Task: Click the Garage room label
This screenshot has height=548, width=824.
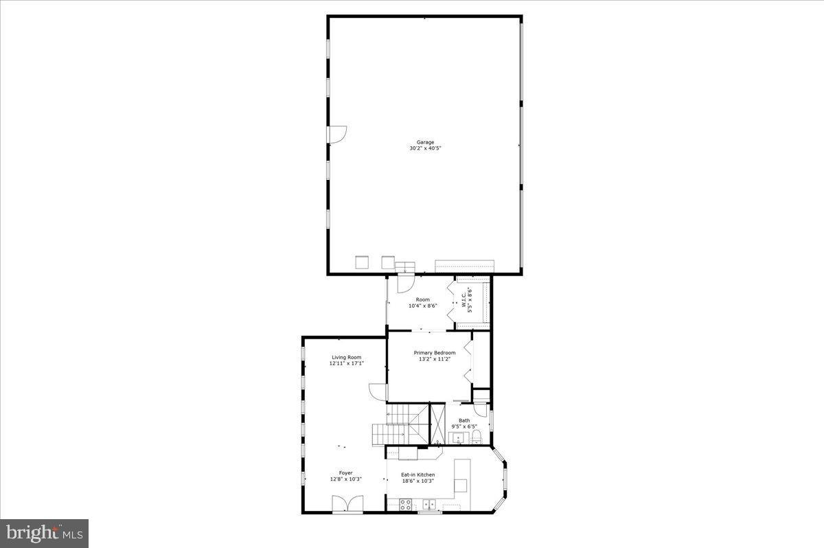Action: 425,142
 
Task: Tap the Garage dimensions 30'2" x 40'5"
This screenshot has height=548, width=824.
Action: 425,148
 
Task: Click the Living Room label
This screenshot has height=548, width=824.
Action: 346,357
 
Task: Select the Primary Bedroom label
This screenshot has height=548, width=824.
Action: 434,353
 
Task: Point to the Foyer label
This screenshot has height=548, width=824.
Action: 345,473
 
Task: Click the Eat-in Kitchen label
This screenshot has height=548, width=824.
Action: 417,475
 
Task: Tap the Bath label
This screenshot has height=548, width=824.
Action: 464,420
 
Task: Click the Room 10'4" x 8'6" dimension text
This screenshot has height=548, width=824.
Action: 422,306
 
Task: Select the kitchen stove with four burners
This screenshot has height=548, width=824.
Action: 405,505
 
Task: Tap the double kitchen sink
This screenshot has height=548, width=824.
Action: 430,505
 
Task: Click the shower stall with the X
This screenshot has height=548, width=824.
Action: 437,423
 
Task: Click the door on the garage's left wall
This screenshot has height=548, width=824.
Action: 338,135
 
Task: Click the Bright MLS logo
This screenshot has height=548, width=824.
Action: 44,532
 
